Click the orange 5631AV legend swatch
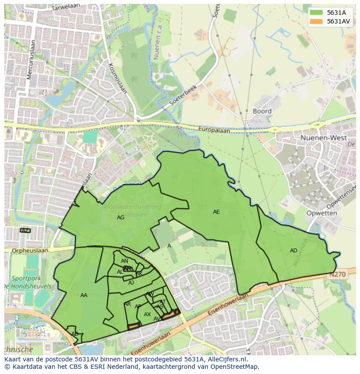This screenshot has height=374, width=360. coord(317,21)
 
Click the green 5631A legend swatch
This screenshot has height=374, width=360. coord(317,13)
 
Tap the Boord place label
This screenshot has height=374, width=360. coord(262,111)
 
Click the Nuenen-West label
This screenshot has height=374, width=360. coord(323,138)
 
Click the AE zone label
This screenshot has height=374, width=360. coord(216,212)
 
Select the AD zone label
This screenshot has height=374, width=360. coord(293,251)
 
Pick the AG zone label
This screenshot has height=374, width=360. coord(120,218)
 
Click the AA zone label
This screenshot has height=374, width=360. coord(84,295)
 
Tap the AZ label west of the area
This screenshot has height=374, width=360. coord(25,230)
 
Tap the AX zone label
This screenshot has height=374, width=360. coord(147,314)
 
